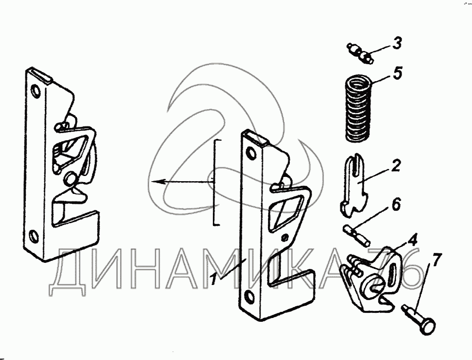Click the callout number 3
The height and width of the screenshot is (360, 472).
(397, 43)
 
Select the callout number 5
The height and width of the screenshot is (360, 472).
(397, 75)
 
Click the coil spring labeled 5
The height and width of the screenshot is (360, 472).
(356, 109)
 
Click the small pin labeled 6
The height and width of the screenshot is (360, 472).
(356, 234)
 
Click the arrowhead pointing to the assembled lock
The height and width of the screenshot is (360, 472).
(152, 181)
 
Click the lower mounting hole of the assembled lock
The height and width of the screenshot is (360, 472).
(33, 234)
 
